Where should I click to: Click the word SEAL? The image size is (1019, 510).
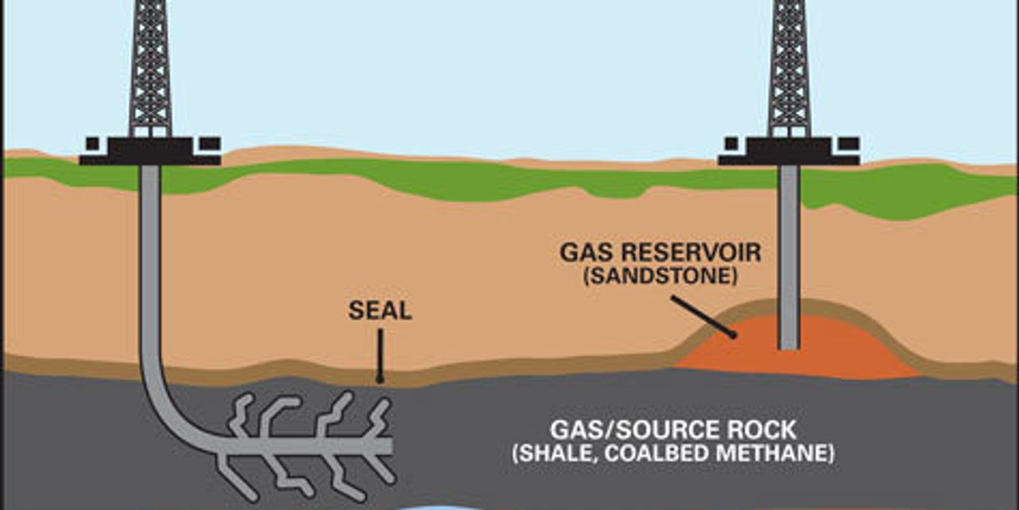(x=380, y=311)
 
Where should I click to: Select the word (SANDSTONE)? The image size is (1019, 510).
(x=661, y=275)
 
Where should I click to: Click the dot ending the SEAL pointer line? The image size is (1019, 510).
(x=380, y=379)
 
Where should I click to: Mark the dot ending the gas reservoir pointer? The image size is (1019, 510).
(x=732, y=335)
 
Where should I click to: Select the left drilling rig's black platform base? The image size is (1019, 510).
(x=150, y=151)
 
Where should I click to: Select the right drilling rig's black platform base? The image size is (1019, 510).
(x=789, y=151)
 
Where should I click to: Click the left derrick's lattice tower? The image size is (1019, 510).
(x=150, y=68)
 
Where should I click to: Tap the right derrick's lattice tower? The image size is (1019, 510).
(x=789, y=68)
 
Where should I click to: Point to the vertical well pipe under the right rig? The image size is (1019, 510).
(x=789, y=257)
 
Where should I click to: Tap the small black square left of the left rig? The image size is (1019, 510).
(x=93, y=144)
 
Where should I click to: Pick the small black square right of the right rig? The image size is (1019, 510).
(x=849, y=144)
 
